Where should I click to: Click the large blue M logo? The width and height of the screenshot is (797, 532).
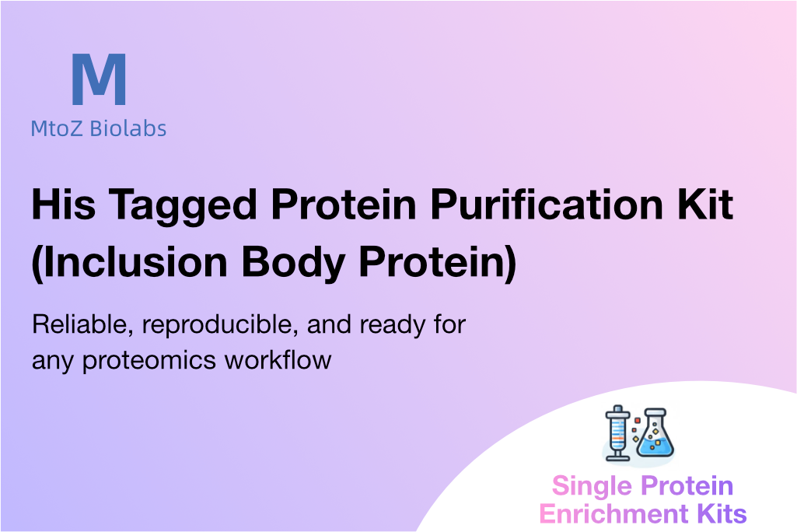[99, 79]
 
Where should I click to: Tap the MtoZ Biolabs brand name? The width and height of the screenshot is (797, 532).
[99, 128]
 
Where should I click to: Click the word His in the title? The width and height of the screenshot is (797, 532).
[64, 205]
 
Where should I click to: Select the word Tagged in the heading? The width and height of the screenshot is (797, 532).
[183, 206]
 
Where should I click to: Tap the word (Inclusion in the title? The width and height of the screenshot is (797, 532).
[129, 262]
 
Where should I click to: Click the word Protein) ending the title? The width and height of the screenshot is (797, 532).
[438, 262]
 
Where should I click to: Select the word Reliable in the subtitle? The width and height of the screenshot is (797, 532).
[82, 324]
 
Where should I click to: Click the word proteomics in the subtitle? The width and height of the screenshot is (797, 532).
[149, 361]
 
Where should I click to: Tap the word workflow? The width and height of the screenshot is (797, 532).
[278, 359]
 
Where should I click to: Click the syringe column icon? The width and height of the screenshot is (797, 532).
[617, 432]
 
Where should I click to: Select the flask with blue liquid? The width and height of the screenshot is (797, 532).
[655, 432]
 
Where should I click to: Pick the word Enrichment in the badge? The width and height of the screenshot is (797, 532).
[613, 513]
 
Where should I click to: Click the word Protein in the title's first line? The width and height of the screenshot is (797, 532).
[344, 205]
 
